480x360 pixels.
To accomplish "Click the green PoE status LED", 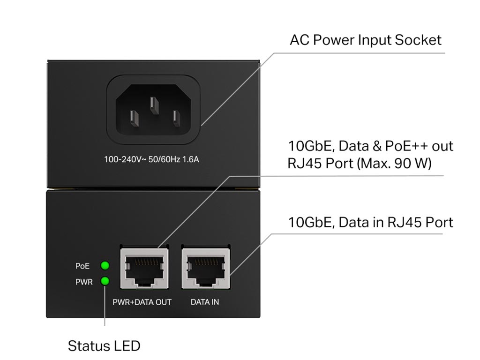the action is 105,266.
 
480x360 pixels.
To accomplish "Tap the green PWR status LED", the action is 105,281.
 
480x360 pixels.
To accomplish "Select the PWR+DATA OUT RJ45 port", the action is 144,269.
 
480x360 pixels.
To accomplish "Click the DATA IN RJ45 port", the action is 205,269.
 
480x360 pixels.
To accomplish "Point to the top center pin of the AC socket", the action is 154,105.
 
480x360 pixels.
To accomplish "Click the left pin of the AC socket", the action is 134,118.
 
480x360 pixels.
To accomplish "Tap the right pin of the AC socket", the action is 176,118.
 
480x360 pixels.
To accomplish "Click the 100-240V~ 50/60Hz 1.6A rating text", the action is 151,159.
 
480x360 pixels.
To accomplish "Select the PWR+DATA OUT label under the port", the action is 142,302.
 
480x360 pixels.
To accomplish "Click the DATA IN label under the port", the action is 205,302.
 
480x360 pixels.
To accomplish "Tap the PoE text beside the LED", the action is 82,266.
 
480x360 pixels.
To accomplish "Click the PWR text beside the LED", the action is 84,282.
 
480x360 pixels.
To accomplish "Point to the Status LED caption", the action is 104,346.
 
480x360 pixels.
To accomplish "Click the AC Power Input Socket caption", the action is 366,40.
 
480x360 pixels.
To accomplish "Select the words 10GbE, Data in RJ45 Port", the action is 370,222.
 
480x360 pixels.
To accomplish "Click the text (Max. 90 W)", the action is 394,163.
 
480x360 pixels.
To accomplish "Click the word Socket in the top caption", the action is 418,40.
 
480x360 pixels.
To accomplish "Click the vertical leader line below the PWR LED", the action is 105,306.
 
